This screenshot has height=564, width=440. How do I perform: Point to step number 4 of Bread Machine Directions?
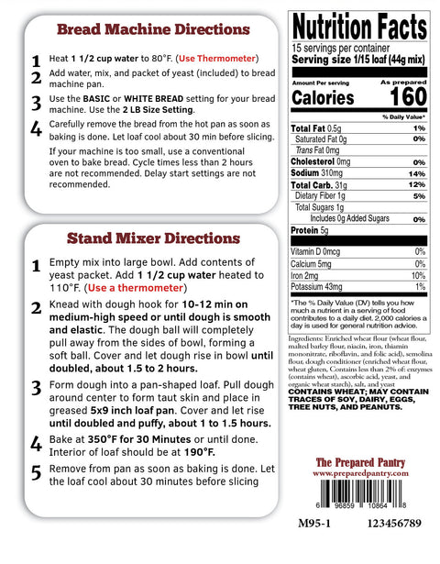coord(36,127)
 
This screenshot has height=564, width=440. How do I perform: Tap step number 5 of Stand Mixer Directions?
coord(36,472)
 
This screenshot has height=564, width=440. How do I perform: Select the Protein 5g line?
coord(312,230)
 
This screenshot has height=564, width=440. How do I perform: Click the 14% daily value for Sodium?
coord(418,173)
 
